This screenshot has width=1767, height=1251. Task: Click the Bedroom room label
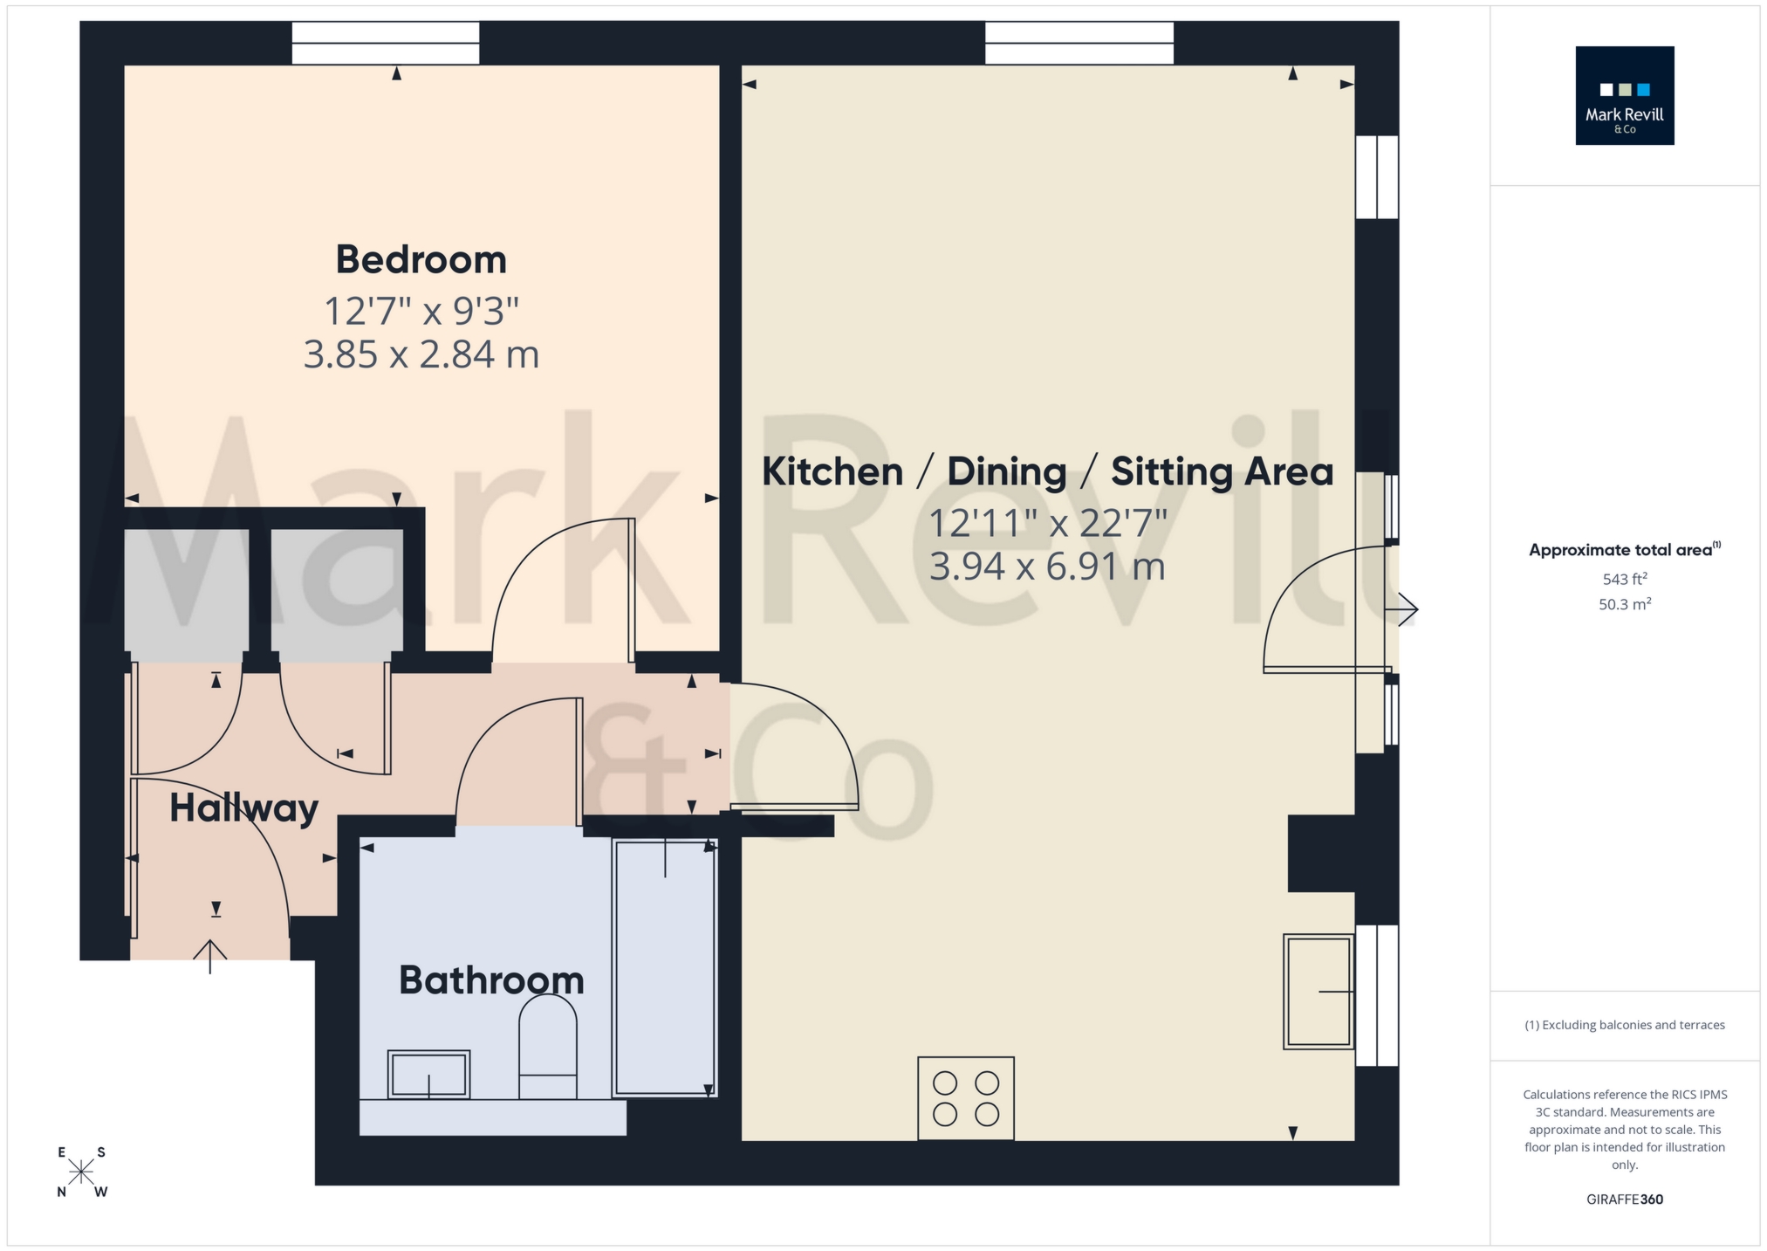pyautogui.click(x=421, y=259)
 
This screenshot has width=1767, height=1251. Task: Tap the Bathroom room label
pyautogui.click(x=491, y=980)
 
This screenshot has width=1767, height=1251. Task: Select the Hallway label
pyautogui.click(x=243, y=808)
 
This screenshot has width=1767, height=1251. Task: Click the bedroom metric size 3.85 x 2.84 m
pyautogui.click(x=421, y=354)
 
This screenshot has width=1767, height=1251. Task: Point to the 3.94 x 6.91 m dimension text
pyautogui.click(x=1047, y=567)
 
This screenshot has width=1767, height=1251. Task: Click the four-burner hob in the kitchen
pyautogui.click(x=966, y=1098)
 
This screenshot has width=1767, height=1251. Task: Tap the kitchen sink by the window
pyautogui.click(x=1318, y=991)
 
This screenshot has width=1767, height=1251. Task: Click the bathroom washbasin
pyautogui.click(x=428, y=1074)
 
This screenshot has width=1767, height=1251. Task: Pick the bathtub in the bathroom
pyautogui.click(x=665, y=967)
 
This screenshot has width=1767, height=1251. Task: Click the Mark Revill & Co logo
pyautogui.click(x=1624, y=96)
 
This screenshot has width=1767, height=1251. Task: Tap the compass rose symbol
pyautogui.click(x=81, y=1172)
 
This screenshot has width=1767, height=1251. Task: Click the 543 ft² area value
pyautogui.click(x=1624, y=579)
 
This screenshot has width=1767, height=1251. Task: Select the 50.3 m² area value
pyautogui.click(x=1624, y=604)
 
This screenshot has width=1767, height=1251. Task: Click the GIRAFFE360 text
pyautogui.click(x=1624, y=1199)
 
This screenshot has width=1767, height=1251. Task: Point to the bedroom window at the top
pyautogui.click(x=386, y=43)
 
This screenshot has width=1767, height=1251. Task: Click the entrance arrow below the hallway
pyautogui.click(x=210, y=956)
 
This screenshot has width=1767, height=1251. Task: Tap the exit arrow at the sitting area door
pyautogui.click(x=1406, y=609)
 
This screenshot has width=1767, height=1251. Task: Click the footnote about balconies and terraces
pyautogui.click(x=1624, y=1025)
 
